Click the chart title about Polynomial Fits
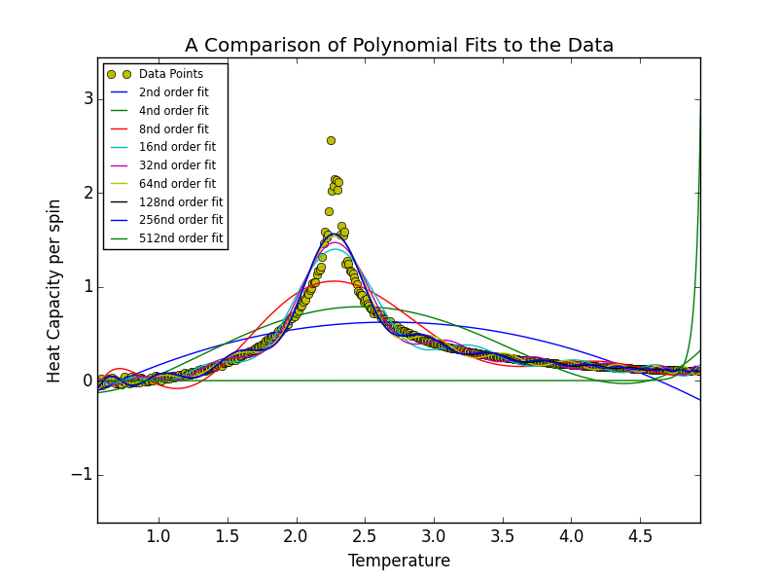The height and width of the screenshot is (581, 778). click(399, 46)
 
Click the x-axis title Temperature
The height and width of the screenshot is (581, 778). click(399, 561)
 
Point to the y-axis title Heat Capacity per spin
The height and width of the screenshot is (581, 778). click(55, 290)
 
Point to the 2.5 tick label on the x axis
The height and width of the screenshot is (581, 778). click(365, 536)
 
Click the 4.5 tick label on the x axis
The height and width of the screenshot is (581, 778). click(640, 536)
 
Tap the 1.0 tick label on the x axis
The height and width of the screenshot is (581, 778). click(159, 536)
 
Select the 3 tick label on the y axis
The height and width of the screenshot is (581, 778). click(88, 99)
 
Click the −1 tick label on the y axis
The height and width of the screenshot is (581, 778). click(83, 475)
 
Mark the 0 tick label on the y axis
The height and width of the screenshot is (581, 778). click(88, 381)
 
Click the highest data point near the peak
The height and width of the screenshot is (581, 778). click(331, 140)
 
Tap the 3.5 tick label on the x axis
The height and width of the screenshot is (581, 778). click(503, 536)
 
